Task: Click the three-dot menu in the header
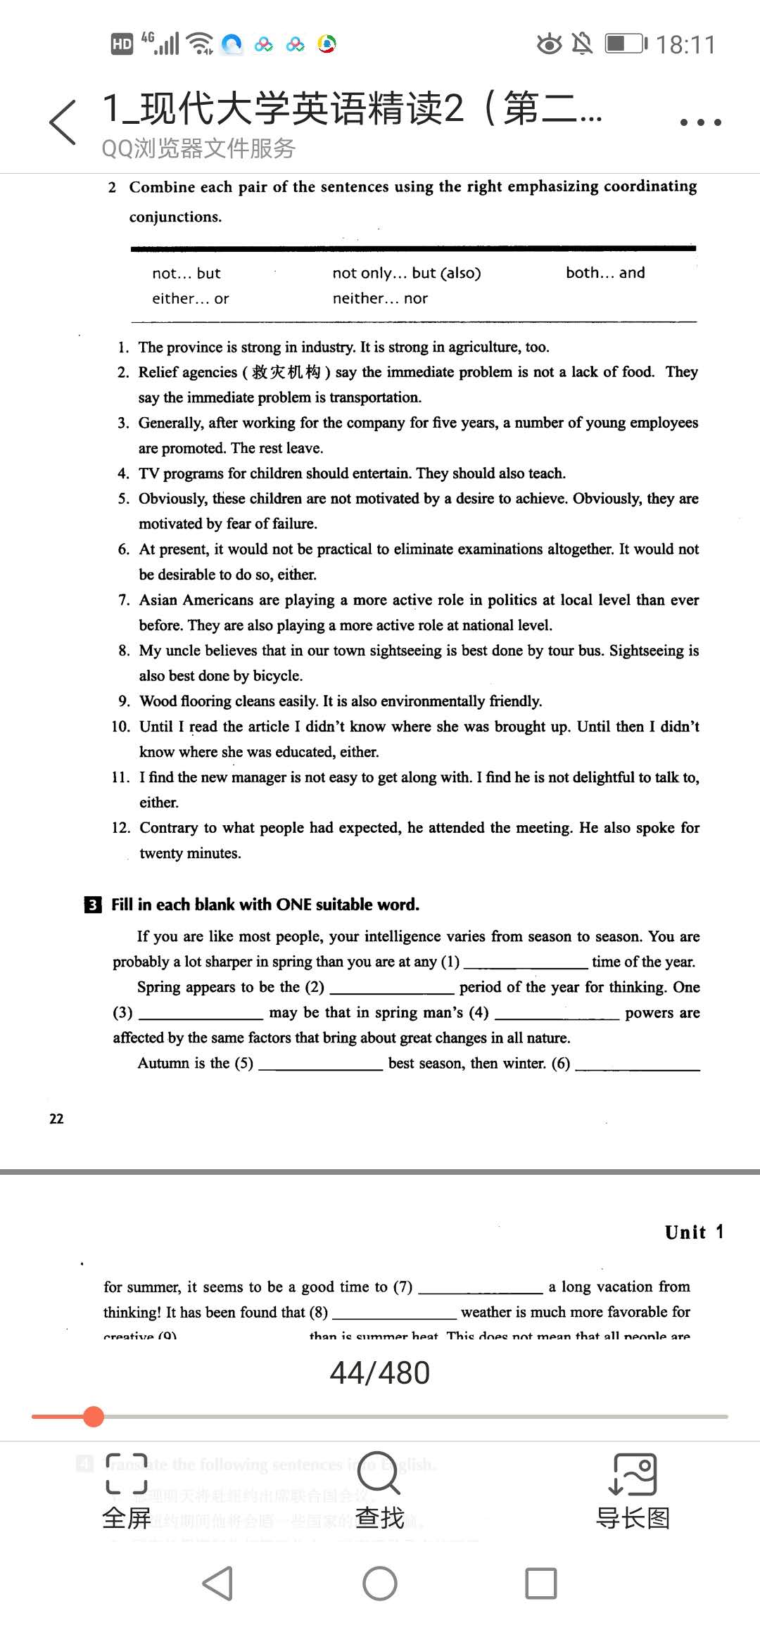700,122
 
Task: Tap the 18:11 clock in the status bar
685,45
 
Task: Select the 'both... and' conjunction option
605,273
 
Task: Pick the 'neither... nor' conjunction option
380,298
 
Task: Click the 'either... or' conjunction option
191,298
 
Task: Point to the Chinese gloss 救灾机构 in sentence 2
286,372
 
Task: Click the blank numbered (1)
525,962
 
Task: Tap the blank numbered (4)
557,1013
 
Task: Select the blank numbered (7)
481,1287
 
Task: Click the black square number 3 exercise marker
92,905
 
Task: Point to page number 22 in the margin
56,1119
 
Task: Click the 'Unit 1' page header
694,1232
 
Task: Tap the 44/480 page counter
380,1372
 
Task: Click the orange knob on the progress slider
93,1417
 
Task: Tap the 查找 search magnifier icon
380,1473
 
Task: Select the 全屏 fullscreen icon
127,1473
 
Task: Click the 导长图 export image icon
632,1473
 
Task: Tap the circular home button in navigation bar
380,1583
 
